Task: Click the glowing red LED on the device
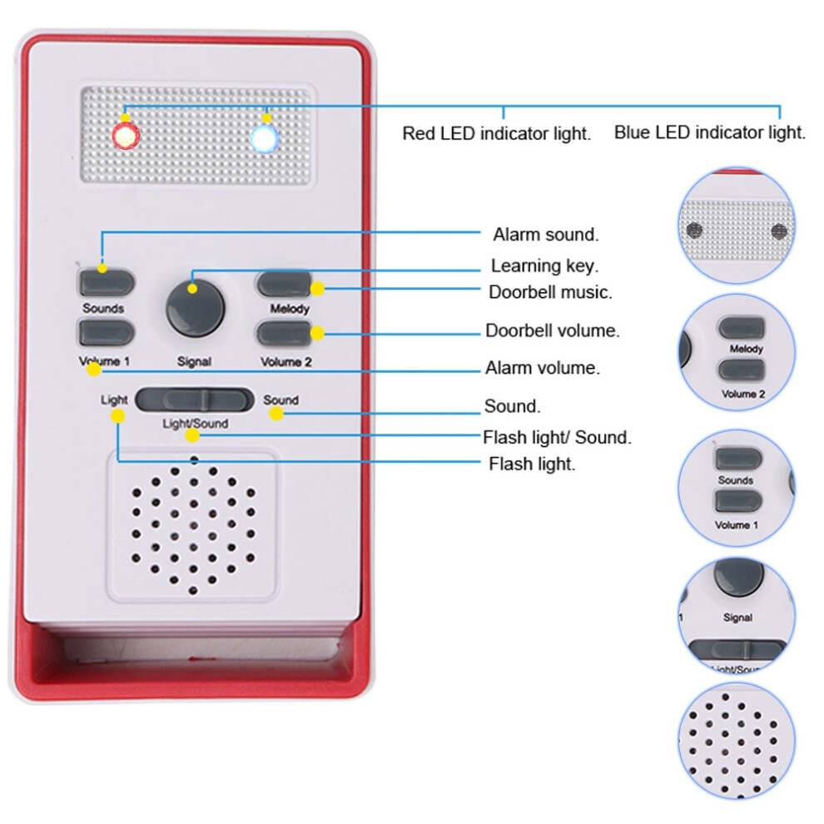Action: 127,137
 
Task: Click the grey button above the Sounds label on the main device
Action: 107,283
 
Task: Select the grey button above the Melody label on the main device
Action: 285,285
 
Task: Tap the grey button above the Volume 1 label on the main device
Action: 107,333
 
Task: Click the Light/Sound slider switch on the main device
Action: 195,400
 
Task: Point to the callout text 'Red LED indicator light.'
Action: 497,133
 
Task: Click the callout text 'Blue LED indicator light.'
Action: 709,132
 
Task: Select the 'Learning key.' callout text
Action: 544,266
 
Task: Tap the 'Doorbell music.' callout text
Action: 550,292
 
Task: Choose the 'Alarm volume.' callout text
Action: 542,368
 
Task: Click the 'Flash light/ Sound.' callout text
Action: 557,437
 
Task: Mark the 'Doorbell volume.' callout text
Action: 553,330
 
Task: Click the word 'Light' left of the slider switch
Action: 114,400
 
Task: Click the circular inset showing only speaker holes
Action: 737,741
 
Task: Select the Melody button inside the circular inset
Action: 741,328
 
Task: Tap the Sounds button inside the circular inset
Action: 737,459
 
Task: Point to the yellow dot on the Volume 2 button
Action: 317,333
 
